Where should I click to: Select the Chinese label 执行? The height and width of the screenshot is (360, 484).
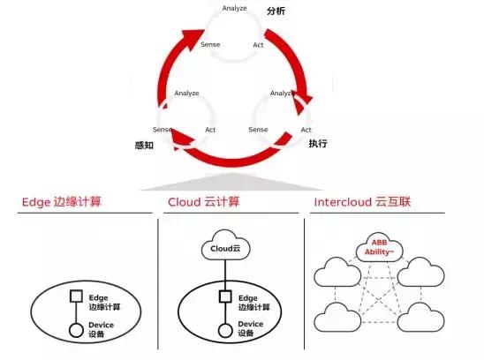319,143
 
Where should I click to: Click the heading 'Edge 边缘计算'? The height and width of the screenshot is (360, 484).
62,202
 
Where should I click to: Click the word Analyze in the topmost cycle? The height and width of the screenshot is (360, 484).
235,9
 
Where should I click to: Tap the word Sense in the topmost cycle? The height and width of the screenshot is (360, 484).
210,43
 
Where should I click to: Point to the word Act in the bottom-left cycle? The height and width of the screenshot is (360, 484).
211,130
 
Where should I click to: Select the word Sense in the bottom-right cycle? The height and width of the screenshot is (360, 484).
258,130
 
